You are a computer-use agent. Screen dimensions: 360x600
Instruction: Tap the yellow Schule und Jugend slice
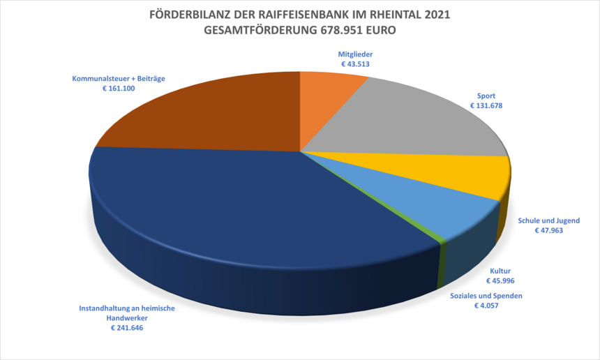pyautogui.click(x=460, y=176)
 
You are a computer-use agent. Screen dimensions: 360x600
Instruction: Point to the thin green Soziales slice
pyautogui.click(x=441, y=241)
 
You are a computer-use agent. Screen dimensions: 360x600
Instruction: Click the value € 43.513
pyautogui.click(x=355, y=64)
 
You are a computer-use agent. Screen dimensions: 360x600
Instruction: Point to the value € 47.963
pyautogui.click(x=548, y=230)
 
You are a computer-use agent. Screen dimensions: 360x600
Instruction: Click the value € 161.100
pyautogui.click(x=118, y=89)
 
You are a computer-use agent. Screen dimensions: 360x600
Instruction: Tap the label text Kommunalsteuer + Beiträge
pyautogui.click(x=118, y=79)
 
